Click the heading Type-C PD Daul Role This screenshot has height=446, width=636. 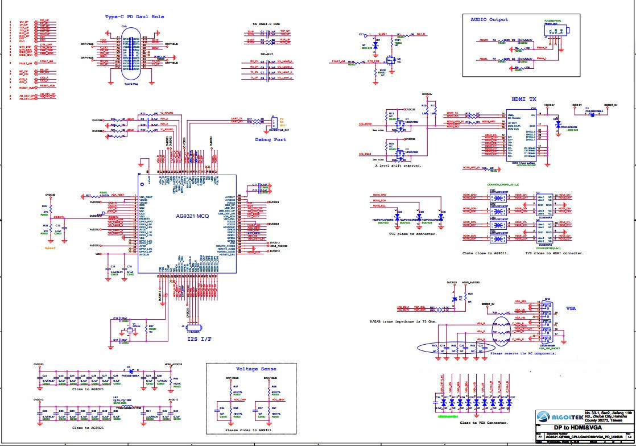coord(134,17)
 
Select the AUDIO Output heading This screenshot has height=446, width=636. coord(489,20)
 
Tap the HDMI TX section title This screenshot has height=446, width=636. coord(524,98)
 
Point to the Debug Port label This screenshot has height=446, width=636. coord(271,139)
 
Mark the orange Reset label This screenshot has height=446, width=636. coord(50,248)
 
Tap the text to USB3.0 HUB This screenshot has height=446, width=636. coord(266,24)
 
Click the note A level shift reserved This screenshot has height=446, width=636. coord(398,166)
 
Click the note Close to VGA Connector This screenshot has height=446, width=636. coord(484,423)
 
